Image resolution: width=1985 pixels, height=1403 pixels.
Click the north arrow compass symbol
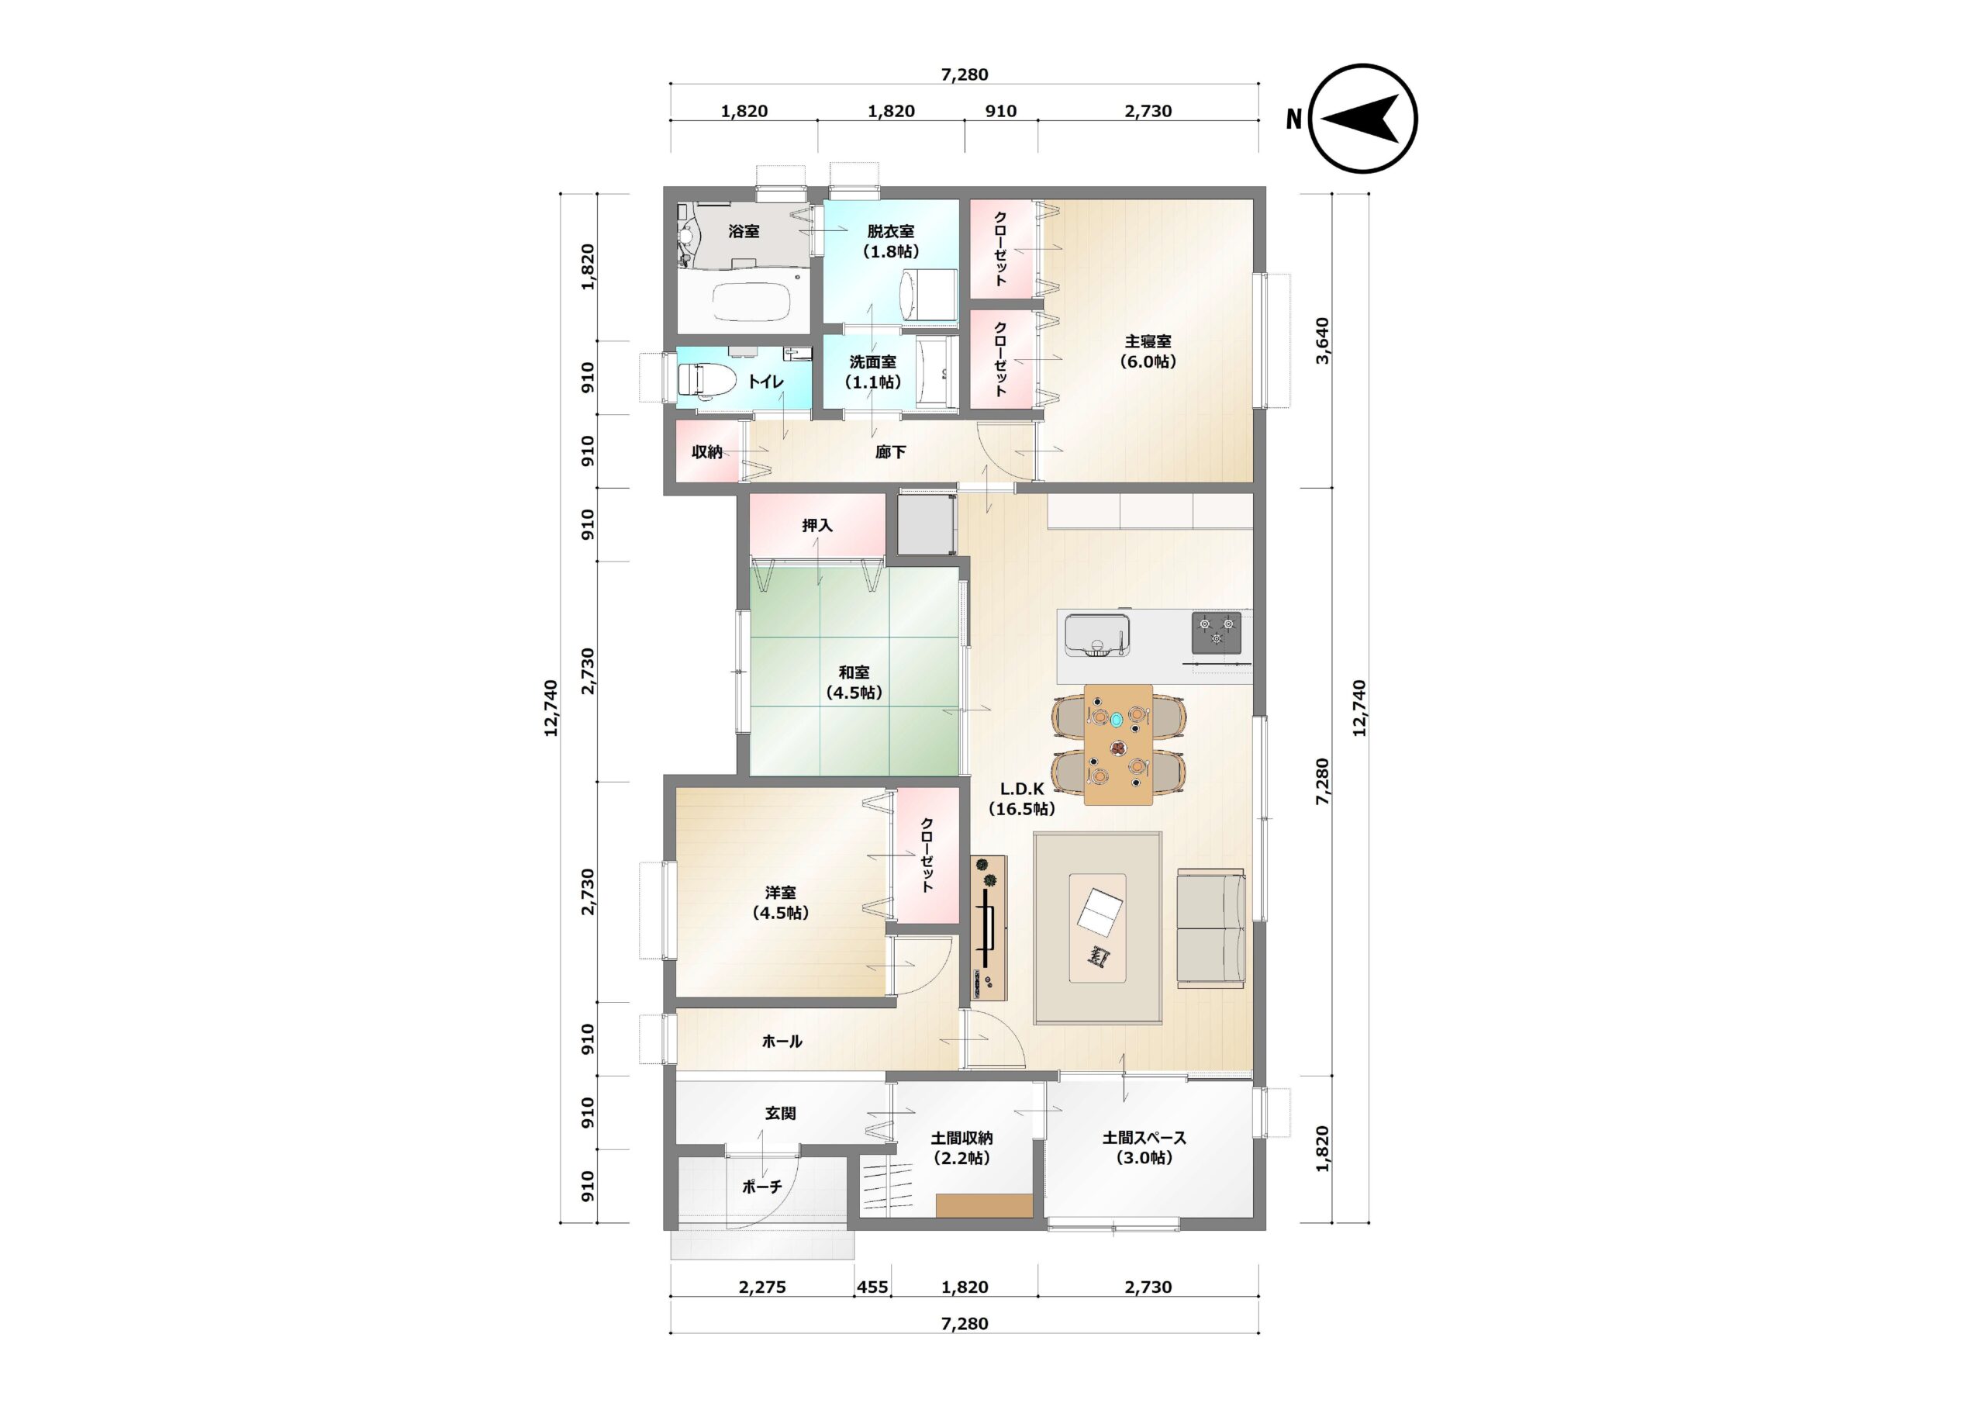(x=1363, y=119)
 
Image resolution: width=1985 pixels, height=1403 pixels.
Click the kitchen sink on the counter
(x=1097, y=636)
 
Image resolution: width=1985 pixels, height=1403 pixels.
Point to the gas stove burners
(x=1217, y=632)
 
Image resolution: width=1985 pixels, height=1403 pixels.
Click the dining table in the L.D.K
(x=1118, y=745)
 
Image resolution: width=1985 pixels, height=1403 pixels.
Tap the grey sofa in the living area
(x=1210, y=928)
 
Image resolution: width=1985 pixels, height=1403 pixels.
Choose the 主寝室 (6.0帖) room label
(x=1148, y=352)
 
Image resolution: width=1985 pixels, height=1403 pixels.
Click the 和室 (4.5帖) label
(x=854, y=682)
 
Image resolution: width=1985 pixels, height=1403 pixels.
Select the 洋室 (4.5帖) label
(x=781, y=902)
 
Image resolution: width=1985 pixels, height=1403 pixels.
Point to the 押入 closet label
(x=817, y=525)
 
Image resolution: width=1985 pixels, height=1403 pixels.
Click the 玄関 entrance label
(x=781, y=1113)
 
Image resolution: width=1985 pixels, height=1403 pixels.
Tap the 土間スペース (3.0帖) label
(x=1144, y=1148)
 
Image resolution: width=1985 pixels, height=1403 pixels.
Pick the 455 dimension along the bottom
(x=872, y=1287)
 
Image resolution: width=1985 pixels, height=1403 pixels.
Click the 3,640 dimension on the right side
(x=1322, y=340)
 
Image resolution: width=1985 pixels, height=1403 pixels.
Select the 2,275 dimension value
(x=762, y=1287)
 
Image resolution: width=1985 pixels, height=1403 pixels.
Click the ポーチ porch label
(x=761, y=1187)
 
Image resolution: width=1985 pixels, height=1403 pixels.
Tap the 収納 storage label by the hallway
(x=707, y=451)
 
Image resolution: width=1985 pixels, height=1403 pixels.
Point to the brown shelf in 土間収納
(x=984, y=1206)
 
